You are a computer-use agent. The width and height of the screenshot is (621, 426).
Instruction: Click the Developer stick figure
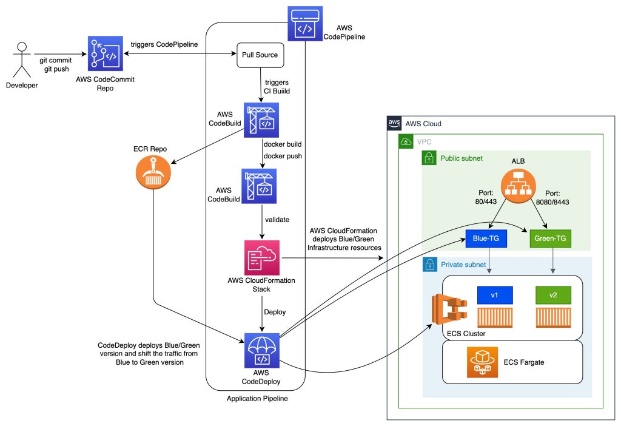(x=22, y=59)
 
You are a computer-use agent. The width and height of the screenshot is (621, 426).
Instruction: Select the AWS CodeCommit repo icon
(x=106, y=53)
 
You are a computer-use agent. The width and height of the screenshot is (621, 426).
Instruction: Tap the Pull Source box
(x=260, y=55)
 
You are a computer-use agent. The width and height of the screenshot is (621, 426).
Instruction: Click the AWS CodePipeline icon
(x=305, y=24)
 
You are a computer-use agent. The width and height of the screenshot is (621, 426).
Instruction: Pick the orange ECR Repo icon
(x=153, y=172)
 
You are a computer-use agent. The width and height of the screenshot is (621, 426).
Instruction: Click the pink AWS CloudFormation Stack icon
(x=262, y=257)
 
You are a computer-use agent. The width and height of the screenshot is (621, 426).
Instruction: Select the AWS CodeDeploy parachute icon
(x=262, y=350)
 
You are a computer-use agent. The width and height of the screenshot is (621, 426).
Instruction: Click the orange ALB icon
(x=518, y=186)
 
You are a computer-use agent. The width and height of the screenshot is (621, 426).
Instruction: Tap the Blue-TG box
(x=486, y=238)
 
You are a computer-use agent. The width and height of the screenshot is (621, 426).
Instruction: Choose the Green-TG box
(x=550, y=238)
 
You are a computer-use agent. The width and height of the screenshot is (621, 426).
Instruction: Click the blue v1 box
(x=495, y=296)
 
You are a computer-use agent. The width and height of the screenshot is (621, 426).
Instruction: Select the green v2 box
(x=553, y=296)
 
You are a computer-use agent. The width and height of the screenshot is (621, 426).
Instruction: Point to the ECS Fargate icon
(x=482, y=362)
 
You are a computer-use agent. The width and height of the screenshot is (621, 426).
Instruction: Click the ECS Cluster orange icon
(x=449, y=309)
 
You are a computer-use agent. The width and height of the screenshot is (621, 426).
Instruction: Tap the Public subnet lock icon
(x=429, y=158)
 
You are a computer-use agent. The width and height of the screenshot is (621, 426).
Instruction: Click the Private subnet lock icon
(x=430, y=265)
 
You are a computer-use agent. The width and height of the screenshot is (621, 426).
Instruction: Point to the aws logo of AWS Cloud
(x=394, y=123)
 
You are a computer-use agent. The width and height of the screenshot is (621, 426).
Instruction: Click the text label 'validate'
(x=277, y=220)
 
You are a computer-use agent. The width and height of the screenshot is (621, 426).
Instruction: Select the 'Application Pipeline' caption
(x=257, y=399)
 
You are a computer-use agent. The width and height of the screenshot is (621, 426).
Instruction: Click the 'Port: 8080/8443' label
(x=552, y=198)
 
